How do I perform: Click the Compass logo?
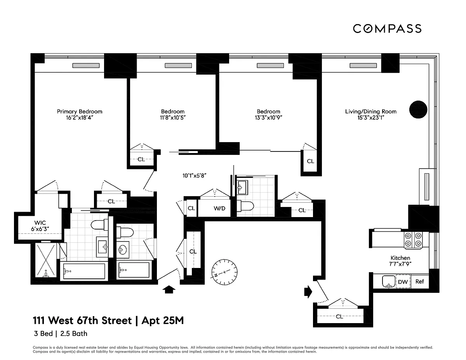(x=387, y=29)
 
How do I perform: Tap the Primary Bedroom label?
(x=80, y=111)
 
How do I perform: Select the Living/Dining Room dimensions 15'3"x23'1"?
(x=370, y=118)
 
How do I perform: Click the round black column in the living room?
(x=418, y=110)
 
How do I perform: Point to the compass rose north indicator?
(x=224, y=272)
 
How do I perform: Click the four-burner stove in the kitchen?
(x=413, y=240)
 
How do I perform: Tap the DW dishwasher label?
(x=403, y=282)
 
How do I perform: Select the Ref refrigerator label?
(x=420, y=281)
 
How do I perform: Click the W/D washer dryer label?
(x=219, y=208)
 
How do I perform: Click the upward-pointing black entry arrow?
(x=169, y=289)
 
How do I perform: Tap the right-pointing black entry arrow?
(x=308, y=292)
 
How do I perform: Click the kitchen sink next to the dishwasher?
(x=389, y=281)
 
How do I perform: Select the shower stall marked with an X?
(x=46, y=260)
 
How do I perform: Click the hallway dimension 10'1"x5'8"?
(x=194, y=176)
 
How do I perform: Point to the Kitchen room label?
(x=400, y=258)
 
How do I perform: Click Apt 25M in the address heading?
(x=163, y=321)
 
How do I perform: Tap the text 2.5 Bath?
(x=74, y=334)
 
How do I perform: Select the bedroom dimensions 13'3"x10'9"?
(x=268, y=118)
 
